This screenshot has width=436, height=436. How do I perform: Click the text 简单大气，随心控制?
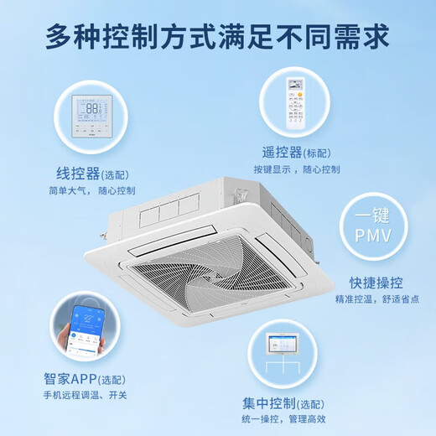coord(92,191)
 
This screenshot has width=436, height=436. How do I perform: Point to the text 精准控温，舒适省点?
coord(377,300)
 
